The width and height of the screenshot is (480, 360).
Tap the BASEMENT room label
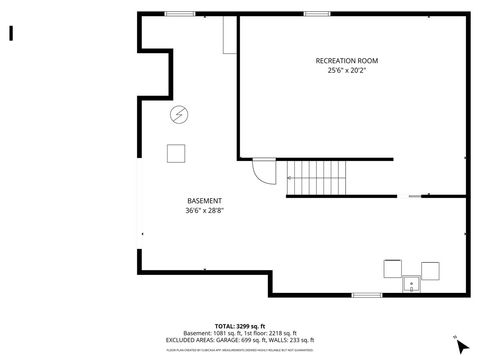click(204, 201)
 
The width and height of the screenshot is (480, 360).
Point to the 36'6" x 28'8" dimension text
click(204, 210)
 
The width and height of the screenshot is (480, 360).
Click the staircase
click(318, 179)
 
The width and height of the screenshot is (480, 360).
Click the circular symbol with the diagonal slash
click(178, 114)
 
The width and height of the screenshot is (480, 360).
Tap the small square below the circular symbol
click(177, 152)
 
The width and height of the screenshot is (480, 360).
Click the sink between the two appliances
click(411, 284)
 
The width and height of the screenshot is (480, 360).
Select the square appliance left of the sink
click(392, 268)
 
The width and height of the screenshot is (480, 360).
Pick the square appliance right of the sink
click(430, 268)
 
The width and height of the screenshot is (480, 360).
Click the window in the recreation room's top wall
click(316, 13)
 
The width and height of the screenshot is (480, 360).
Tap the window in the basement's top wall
click(179, 13)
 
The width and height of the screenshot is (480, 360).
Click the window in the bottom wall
click(367, 294)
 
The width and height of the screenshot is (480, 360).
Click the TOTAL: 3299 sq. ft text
click(240, 326)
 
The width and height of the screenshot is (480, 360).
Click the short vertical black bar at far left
click(11, 32)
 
